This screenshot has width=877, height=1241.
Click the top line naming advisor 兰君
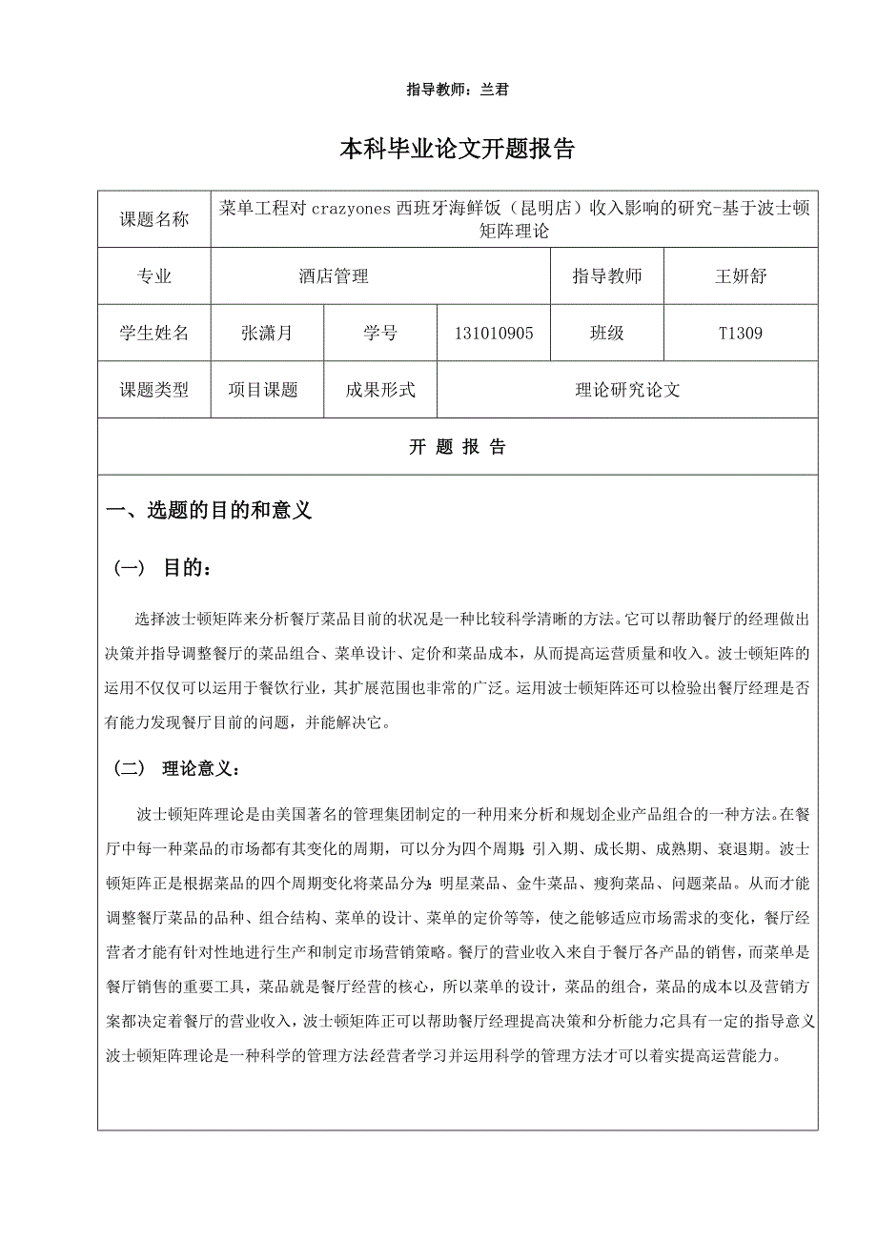click(x=458, y=90)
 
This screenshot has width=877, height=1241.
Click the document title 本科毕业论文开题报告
click(x=458, y=149)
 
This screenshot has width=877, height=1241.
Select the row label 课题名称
click(x=154, y=219)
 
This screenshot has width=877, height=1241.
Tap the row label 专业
click(x=154, y=276)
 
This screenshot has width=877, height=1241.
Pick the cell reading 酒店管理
click(x=334, y=276)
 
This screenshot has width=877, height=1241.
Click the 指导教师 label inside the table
click(x=607, y=276)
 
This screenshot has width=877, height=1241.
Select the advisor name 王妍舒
click(x=741, y=276)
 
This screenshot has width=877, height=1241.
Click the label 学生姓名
click(x=154, y=333)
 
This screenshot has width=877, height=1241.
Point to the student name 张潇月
click(x=267, y=333)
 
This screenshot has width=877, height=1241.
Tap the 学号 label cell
click(x=380, y=333)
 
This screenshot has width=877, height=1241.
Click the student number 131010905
click(x=494, y=334)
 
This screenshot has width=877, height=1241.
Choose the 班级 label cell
click(x=607, y=333)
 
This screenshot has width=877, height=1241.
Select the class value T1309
click(x=741, y=334)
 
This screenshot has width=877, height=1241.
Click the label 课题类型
click(x=154, y=389)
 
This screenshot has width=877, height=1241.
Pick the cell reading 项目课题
click(x=263, y=389)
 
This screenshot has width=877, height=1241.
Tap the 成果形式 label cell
click(x=380, y=389)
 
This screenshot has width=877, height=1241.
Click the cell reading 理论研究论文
click(x=627, y=389)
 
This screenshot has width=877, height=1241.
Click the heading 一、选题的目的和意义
click(x=209, y=511)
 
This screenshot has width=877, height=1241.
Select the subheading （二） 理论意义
click(x=178, y=768)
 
